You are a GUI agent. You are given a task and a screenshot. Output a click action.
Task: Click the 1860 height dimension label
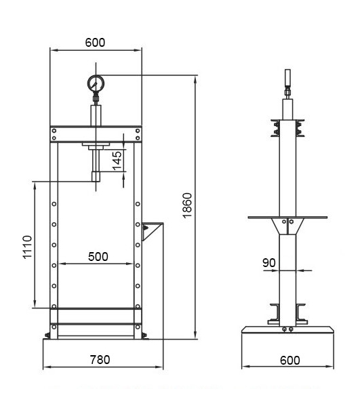tap(187, 205)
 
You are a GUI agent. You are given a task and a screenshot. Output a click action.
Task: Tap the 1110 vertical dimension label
tap(27, 247)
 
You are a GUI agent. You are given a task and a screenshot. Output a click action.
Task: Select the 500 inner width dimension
tap(98, 257)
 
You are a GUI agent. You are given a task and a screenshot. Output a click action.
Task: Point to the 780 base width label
tap(100, 360)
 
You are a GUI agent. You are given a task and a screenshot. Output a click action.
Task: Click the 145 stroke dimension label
tap(117, 161)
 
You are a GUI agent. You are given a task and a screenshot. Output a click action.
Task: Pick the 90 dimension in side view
tap(269, 263)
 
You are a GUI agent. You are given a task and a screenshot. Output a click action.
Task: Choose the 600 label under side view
tap(290, 360)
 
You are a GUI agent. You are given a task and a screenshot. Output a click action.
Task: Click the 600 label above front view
tap(95, 43)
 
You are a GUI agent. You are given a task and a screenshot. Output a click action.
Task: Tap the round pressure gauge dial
tap(96, 83)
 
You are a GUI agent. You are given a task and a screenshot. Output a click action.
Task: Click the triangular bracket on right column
tap(150, 231)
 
